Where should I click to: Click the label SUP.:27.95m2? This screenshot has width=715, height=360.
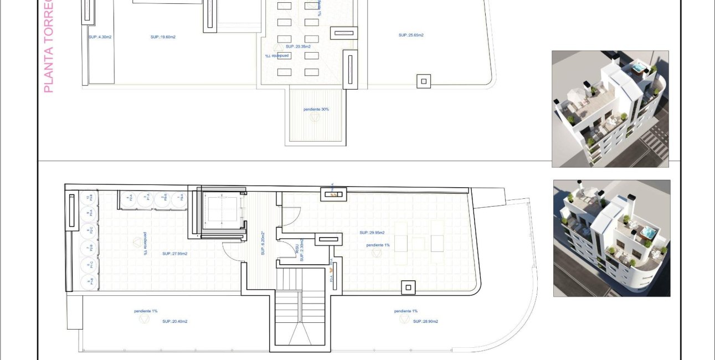coord(174,254)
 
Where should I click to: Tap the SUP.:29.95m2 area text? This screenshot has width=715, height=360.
coord(372,233)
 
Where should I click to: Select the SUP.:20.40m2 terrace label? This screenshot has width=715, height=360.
coord(174,321)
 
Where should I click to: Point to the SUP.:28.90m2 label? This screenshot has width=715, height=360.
coord(425,321)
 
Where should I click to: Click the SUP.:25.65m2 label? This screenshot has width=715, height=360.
coord(411,35)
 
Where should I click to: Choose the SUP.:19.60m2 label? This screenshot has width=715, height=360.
coord(163,37)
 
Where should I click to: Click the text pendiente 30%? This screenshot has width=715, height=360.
coord(316,110)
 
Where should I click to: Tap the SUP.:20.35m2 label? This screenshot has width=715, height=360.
coord(298,47)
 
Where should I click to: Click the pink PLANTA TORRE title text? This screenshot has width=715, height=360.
coord(48,47)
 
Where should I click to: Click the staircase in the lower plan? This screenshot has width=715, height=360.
coord(300,316)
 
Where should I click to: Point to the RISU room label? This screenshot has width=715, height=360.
coord(297,253)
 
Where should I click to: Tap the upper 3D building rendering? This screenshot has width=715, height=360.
coord(610,109)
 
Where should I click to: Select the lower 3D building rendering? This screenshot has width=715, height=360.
coord(611,238)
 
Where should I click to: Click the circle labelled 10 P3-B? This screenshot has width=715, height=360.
coord(89,198)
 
